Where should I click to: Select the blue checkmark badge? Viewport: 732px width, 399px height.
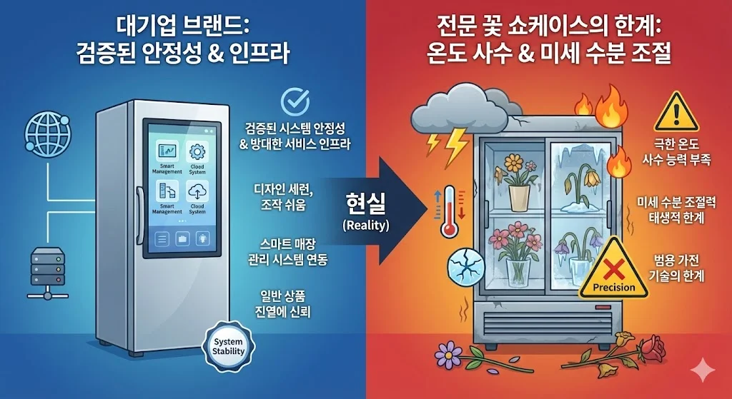[295, 102]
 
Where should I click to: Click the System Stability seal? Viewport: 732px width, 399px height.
[229, 346]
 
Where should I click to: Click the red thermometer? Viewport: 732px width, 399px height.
[447, 212]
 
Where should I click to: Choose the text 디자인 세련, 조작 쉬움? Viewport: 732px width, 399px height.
[289, 198]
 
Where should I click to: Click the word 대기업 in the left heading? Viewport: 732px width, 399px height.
[141, 30]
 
